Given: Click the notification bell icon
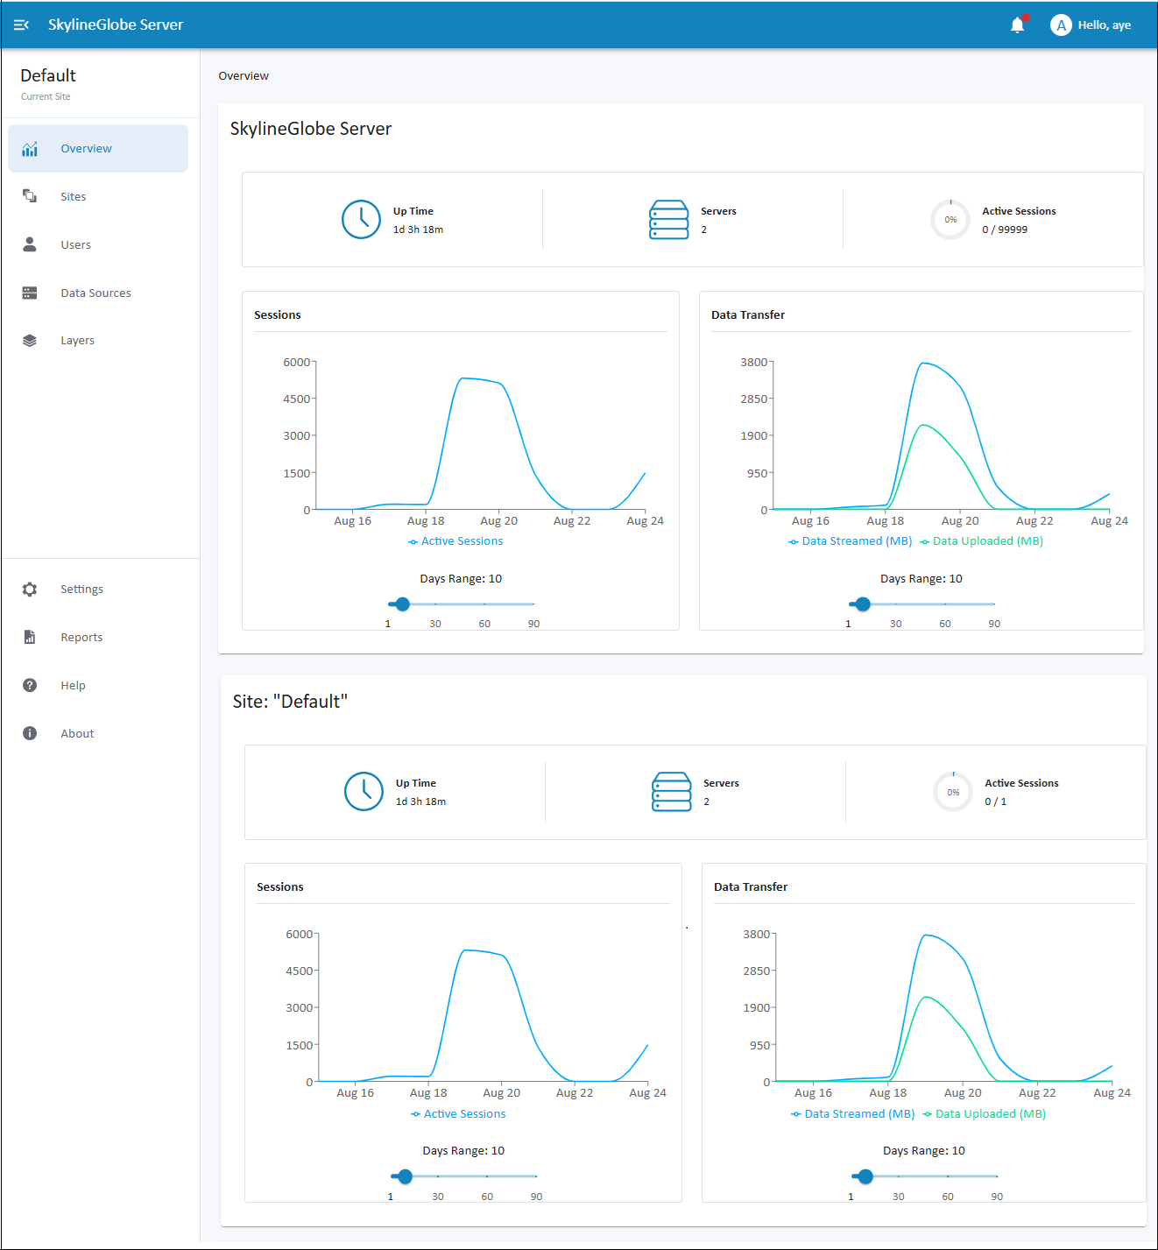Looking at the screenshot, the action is (x=1017, y=25).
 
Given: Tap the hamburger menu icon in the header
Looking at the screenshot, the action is (x=21, y=25).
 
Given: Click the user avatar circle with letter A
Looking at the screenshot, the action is (x=1061, y=25).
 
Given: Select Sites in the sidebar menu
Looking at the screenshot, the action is (x=73, y=196).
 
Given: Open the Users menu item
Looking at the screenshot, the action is (x=75, y=245).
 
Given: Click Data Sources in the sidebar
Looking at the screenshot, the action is (x=95, y=293).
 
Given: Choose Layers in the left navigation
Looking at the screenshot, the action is (x=77, y=341).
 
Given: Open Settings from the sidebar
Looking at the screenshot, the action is (x=81, y=590).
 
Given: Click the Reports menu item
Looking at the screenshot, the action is (x=81, y=637).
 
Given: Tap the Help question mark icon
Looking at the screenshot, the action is (x=30, y=685).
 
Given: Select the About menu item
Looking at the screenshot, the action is (x=77, y=733).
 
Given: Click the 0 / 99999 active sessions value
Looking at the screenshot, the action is (x=1005, y=230).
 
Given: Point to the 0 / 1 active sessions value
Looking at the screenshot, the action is (x=995, y=802).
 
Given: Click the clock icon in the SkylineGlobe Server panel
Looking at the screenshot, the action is (x=361, y=219).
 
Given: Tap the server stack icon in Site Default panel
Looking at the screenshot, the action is (x=671, y=791).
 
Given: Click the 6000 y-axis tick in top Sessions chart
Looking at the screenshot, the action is (x=297, y=362).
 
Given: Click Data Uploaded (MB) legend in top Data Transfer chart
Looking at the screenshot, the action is (x=987, y=540).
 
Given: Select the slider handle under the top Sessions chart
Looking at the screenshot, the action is (x=402, y=604).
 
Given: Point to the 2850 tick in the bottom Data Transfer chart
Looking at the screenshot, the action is (x=756, y=971).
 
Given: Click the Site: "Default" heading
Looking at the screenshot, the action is (x=290, y=701).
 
